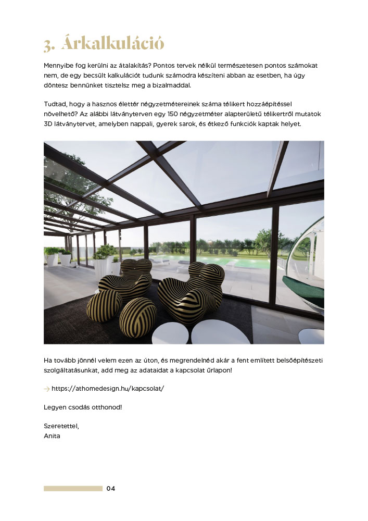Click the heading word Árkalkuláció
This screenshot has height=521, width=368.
(112, 44)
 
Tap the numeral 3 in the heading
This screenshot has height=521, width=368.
(49, 45)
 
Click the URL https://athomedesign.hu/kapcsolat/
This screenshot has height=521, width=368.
(108, 389)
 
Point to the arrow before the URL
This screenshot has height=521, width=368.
(47, 389)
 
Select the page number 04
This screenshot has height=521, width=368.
(110, 489)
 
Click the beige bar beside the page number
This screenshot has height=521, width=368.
(73, 489)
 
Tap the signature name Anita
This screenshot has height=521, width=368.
(52, 436)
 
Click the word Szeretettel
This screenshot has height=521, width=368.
(61, 426)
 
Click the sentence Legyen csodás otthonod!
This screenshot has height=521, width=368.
(83, 406)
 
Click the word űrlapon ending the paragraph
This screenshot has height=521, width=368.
(219, 370)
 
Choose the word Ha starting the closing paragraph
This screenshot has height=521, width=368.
(48, 361)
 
